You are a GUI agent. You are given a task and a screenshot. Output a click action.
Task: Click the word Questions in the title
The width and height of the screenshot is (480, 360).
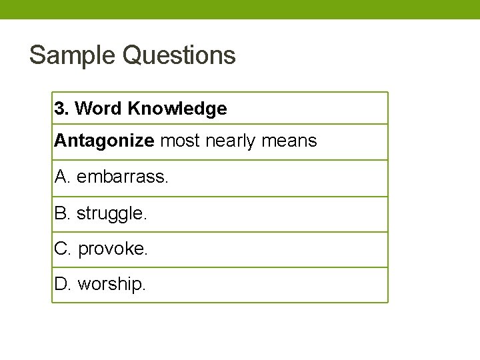coord(180,55)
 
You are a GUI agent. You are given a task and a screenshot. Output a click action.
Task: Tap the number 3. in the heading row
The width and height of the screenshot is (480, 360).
coord(62,109)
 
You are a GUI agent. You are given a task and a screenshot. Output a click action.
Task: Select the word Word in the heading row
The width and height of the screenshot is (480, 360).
coord(98,109)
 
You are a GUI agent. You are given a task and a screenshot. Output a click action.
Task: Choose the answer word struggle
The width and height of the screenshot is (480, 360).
coord(111,213)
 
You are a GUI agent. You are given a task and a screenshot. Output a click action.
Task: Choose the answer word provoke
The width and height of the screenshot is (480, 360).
coord(113,249)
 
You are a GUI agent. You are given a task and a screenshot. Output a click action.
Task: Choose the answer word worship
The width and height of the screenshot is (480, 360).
coord(111,285)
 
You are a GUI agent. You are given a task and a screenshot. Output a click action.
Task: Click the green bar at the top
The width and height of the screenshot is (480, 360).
coord(240,9)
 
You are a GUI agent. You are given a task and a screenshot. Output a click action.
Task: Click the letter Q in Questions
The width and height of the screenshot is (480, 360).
coord(135,55)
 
